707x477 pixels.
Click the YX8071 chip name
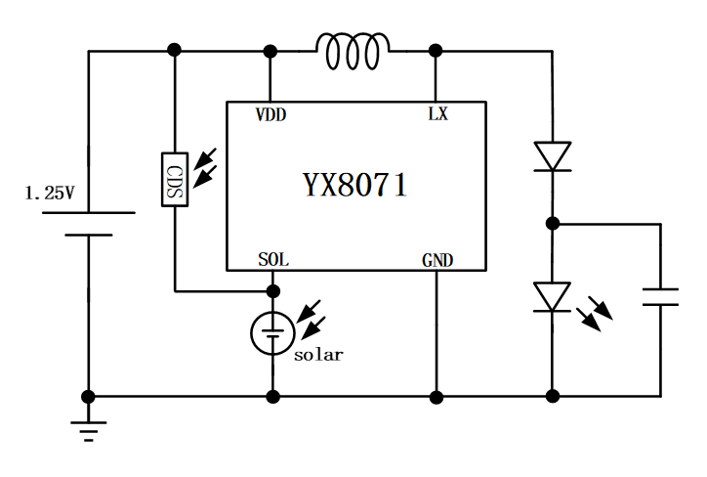(353, 185)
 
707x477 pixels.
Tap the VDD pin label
(270, 114)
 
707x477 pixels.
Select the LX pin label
(437, 114)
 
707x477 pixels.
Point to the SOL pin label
(273, 260)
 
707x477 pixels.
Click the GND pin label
(437, 260)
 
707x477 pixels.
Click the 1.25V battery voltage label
(49, 194)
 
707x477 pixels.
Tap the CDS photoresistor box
(175, 179)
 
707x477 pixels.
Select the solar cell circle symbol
(272, 333)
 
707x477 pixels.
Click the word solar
(318, 355)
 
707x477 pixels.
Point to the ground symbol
(89, 428)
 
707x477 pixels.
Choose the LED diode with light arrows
(553, 297)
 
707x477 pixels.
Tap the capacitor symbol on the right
(660, 297)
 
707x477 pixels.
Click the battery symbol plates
(89, 224)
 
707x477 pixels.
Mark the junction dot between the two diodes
(553, 224)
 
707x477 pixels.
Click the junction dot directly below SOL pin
(273, 290)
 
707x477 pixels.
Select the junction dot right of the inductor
(436, 50)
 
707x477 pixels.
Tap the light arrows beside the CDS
(206, 167)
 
